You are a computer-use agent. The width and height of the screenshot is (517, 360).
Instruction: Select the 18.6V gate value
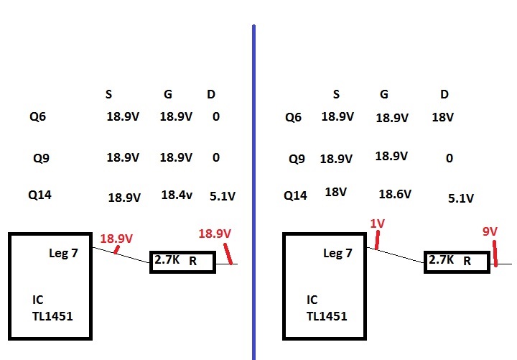click(395, 194)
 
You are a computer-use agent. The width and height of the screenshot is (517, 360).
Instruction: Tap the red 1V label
click(378, 223)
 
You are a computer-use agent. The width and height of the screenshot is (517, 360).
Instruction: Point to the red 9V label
click(490, 231)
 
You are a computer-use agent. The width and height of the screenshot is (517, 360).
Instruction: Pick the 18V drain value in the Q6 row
click(442, 116)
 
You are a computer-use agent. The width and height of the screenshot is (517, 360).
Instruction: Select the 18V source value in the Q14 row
click(335, 192)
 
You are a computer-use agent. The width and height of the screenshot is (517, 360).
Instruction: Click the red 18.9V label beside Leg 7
click(116, 239)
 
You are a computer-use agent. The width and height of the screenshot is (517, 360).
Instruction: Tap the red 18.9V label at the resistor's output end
click(215, 234)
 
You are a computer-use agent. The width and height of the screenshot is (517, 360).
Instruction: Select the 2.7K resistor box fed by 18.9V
click(182, 262)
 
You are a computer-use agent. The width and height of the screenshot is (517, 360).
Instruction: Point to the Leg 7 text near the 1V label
click(337, 253)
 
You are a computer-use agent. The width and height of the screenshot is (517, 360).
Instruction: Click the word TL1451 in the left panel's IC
click(52, 315)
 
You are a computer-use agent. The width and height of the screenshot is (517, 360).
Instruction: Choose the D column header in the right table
click(444, 94)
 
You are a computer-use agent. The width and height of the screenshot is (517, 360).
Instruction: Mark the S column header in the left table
click(108, 94)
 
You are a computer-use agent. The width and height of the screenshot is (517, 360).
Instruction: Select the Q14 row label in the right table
click(295, 195)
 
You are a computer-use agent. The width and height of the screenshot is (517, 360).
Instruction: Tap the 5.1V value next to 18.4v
click(223, 195)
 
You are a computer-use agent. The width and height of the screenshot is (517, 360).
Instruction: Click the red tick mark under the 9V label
click(495, 254)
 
